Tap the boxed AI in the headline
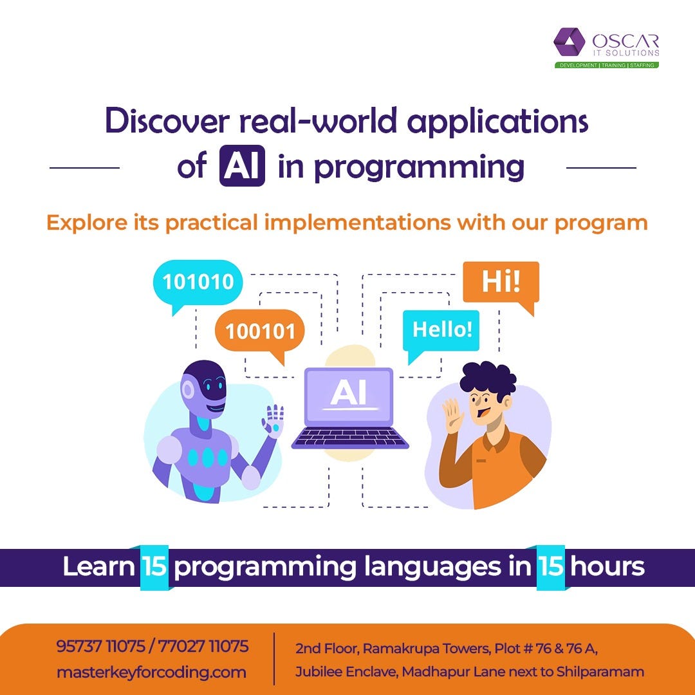pos(242,167)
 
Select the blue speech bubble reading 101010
pos(198,283)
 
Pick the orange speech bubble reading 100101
pos(259,331)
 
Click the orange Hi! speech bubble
pos(501,282)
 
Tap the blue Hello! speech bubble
pos(441,329)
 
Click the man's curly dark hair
pos(486,382)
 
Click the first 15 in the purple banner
pos(154,567)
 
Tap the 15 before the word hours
pos(551,567)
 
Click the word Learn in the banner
pos(98,567)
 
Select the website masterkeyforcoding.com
pos(151,672)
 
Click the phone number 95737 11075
pos(103,646)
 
